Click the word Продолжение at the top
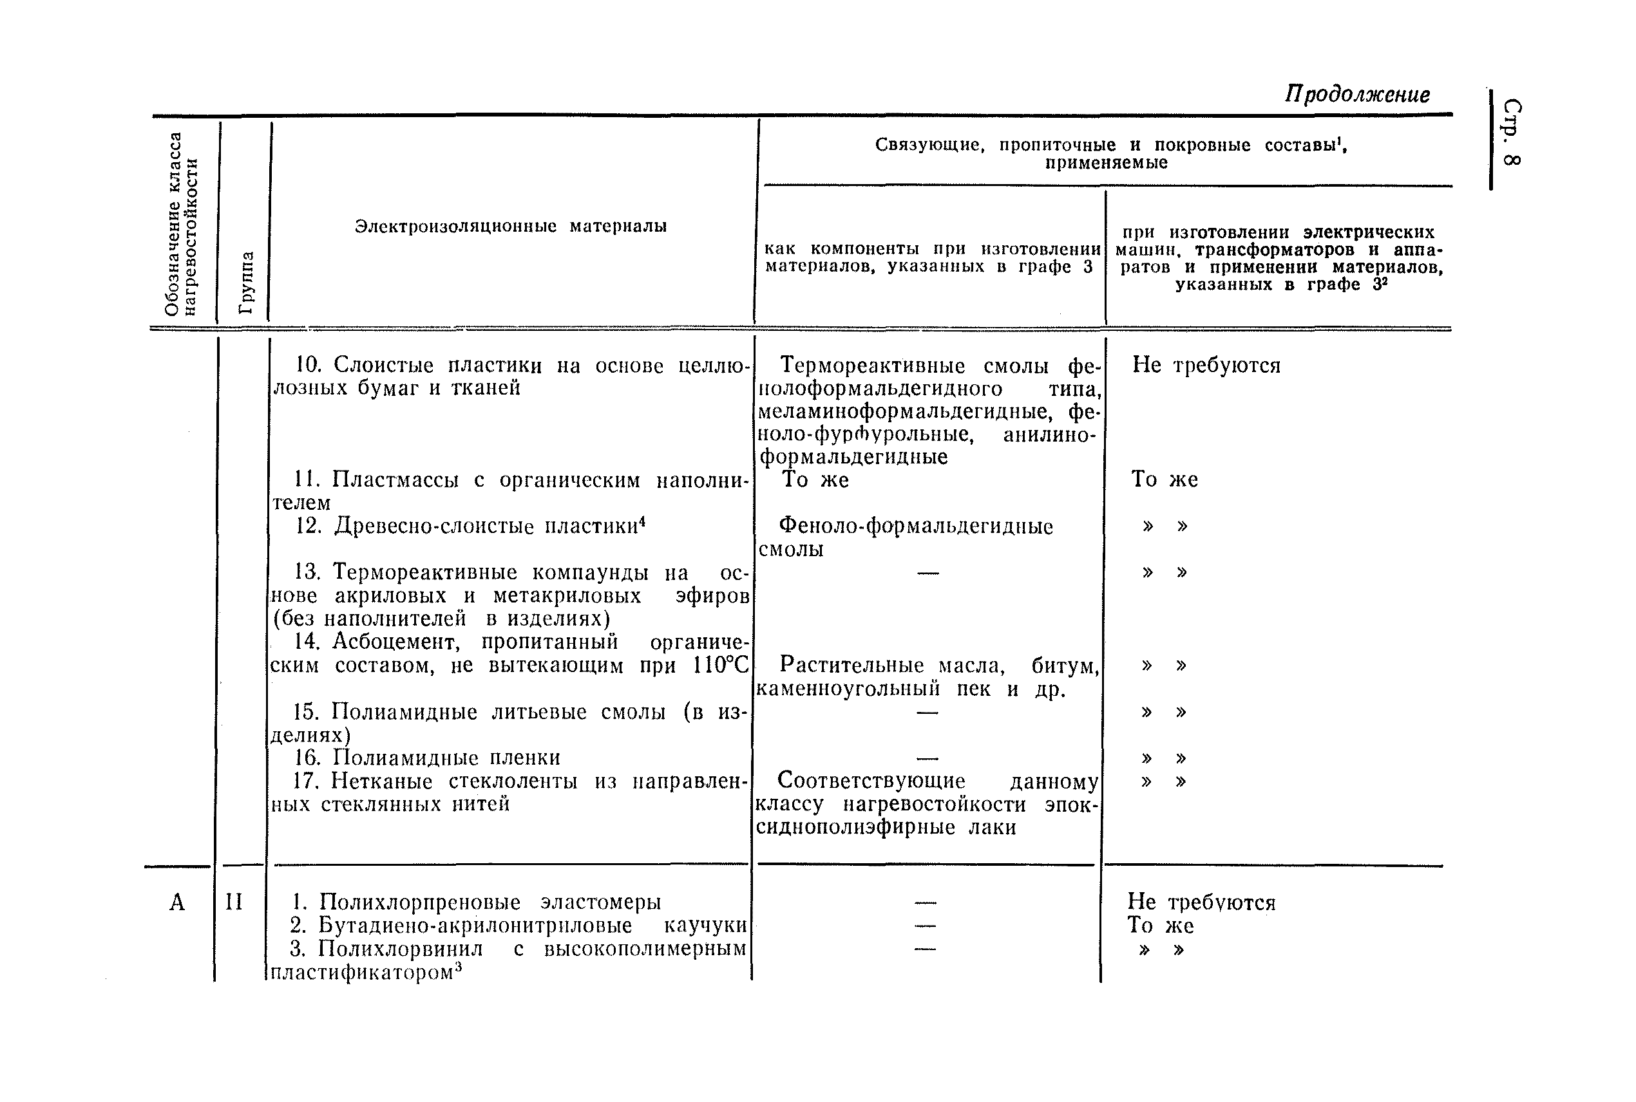[1356, 94]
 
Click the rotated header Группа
[246, 282]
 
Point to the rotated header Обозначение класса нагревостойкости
[181, 223]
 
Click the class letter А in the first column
[176, 902]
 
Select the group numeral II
[233, 902]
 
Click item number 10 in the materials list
[308, 365]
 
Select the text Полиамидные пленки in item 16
[446, 758]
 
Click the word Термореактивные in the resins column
[873, 366]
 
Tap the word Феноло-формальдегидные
[915, 527]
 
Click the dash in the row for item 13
[927, 574]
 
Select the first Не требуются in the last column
[1206, 366]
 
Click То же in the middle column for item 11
[815, 480]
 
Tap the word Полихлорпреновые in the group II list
[419, 902]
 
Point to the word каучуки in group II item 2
[705, 926]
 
